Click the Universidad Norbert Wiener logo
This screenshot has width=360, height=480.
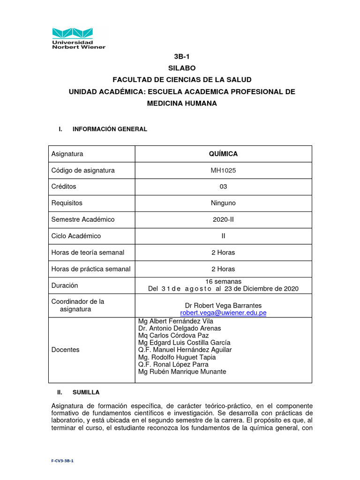(79, 38)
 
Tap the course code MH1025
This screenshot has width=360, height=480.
(223, 171)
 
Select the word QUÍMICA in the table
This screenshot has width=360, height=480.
(223, 154)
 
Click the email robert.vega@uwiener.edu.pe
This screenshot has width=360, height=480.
(223, 313)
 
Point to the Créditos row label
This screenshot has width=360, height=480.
(64, 187)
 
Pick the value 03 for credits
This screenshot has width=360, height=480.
(223, 187)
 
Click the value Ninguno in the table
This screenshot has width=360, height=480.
(223, 203)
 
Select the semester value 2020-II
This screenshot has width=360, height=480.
(223, 219)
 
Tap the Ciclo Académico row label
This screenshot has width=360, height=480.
(76, 236)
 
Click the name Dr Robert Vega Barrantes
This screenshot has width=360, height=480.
(223, 306)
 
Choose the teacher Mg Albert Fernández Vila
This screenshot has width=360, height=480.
(176, 321)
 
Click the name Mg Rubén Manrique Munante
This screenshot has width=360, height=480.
(182, 372)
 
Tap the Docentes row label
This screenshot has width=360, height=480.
(65, 350)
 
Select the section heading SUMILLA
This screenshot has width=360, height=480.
(86, 392)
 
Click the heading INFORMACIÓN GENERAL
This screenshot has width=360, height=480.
(110, 129)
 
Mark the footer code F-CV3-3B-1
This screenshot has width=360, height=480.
(62, 461)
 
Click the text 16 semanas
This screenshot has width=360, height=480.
(223, 281)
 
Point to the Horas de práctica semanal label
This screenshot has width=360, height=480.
(91, 269)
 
